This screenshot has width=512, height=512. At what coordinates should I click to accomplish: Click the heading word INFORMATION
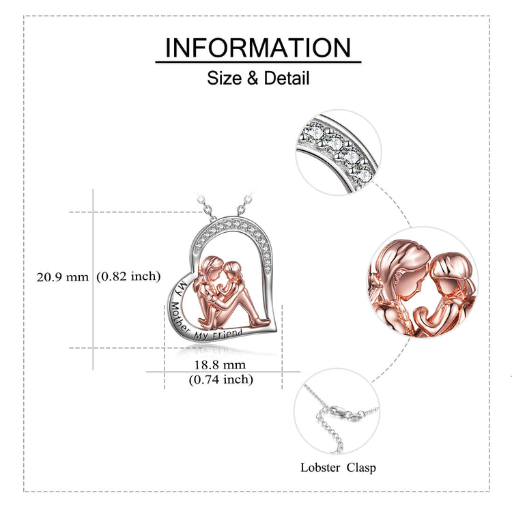[258, 48]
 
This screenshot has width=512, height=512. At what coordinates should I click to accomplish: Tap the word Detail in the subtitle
[286, 78]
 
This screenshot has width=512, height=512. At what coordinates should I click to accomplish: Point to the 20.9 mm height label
[62, 277]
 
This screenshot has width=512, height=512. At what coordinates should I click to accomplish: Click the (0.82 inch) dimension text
[128, 276]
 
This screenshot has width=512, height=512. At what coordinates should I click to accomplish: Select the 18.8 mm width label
[220, 365]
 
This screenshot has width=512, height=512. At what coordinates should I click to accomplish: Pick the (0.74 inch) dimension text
[221, 380]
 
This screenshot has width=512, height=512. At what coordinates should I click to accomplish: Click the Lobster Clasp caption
[338, 468]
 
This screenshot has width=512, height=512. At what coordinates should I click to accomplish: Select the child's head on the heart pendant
[233, 270]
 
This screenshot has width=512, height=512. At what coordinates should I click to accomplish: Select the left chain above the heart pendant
[206, 207]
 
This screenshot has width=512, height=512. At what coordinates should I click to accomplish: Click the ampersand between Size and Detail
[253, 79]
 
